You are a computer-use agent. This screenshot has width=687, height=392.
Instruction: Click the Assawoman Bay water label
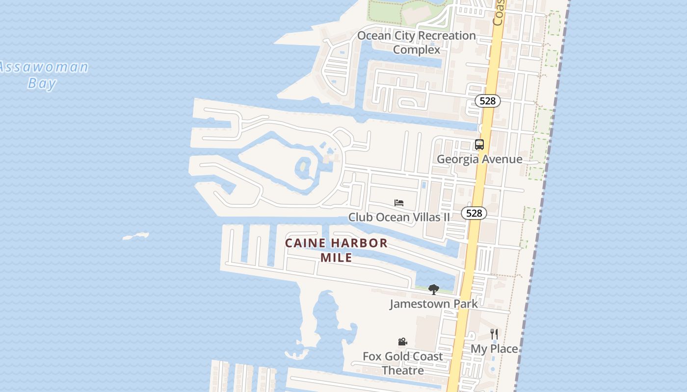pyautogui.click(x=43, y=74)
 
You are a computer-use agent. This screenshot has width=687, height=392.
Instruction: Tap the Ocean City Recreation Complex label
pyautogui.click(x=416, y=42)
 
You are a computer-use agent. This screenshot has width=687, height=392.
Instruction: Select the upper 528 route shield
pyautogui.click(x=487, y=101)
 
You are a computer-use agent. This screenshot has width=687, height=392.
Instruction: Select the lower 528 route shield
pyautogui.click(x=474, y=213)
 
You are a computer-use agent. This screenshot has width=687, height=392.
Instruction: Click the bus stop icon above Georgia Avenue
pyautogui.click(x=479, y=145)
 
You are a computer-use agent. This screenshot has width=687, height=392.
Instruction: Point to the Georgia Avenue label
pyautogui.click(x=479, y=159)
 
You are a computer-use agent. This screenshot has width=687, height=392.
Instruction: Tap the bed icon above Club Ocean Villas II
pyautogui.click(x=399, y=202)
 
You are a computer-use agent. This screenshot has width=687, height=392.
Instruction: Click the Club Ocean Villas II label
pyautogui.click(x=399, y=217)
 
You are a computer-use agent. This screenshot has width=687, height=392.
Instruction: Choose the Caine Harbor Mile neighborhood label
pyautogui.click(x=337, y=250)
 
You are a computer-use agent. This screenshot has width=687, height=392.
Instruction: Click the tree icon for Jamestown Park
pyautogui.click(x=433, y=290)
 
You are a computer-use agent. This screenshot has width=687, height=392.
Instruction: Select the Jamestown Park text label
pyautogui.click(x=434, y=304)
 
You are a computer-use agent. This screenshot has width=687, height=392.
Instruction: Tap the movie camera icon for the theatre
pyautogui.click(x=402, y=342)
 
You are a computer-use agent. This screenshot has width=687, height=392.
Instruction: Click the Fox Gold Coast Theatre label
pyautogui.click(x=402, y=363)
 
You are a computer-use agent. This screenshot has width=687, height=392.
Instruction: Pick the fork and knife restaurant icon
pyautogui.click(x=494, y=334)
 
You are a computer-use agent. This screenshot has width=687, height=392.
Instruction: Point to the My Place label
pyautogui.click(x=494, y=348)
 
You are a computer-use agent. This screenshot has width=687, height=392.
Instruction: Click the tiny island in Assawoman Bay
pyautogui.click(x=136, y=237)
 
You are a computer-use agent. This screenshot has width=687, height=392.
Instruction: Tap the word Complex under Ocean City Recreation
pyautogui.click(x=417, y=49)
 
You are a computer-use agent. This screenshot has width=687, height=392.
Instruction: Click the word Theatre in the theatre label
pyautogui.click(x=402, y=370)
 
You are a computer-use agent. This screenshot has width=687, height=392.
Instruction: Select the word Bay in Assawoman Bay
pyautogui.click(x=42, y=83)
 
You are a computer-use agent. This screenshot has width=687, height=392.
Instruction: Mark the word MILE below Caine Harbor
pyautogui.click(x=337, y=257)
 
